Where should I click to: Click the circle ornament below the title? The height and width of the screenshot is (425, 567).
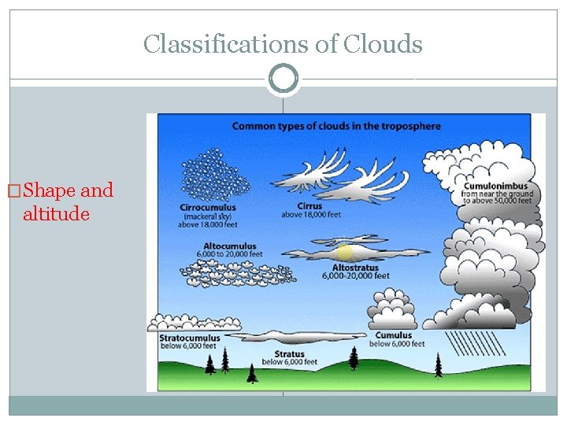click(x=283, y=79)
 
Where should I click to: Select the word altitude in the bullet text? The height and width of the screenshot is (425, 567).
click(x=56, y=213)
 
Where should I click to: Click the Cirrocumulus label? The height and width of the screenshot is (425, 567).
click(x=208, y=208)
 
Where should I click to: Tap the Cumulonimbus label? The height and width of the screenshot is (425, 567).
click(x=500, y=186)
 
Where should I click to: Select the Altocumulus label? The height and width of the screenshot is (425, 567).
click(x=229, y=246)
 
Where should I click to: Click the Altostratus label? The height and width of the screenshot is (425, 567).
click(x=357, y=268)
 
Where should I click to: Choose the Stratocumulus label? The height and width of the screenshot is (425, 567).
click(x=190, y=338)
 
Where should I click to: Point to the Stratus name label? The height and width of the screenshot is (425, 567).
click(x=289, y=354)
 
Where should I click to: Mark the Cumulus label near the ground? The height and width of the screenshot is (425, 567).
click(x=394, y=336)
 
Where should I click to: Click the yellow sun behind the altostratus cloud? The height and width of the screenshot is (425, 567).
click(x=344, y=253)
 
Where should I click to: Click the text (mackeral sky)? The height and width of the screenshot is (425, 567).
click(x=207, y=216)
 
